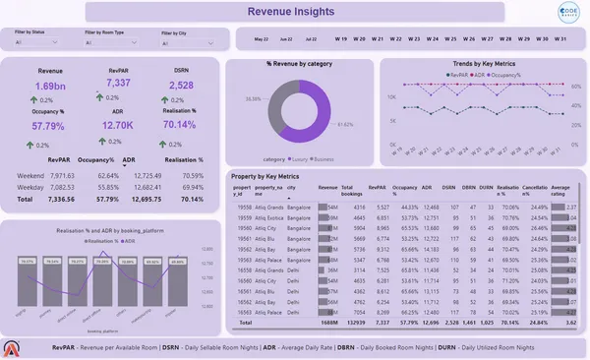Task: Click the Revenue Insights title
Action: [295, 12]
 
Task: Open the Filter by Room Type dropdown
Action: [113, 43]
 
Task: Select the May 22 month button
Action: [261, 39]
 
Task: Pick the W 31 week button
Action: [559, 39]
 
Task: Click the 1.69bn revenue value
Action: [49, 86]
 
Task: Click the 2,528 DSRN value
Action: [181, 86]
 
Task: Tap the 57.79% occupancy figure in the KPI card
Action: [48, 127]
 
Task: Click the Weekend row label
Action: [32, 174]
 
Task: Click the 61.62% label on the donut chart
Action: [340, 126]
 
